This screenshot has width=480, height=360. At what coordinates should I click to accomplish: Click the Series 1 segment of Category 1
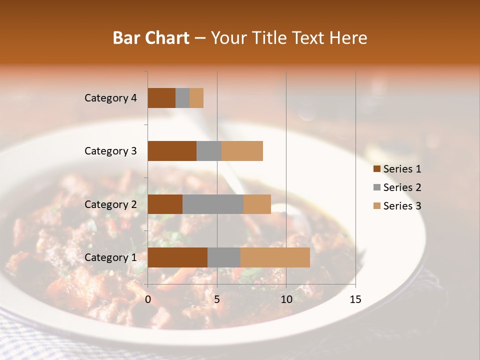(177, 257)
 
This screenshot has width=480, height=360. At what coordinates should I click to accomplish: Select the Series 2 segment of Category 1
(224, 257)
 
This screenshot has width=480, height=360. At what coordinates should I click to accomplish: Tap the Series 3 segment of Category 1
(275, 257)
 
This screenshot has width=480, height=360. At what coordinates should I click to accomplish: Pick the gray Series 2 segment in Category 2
(213, 204)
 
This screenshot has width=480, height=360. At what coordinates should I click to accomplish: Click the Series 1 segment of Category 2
(165, 204)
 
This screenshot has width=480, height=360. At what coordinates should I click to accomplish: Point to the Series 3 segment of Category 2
(257, 204)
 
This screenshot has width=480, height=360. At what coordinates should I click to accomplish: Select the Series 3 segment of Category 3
(242, 151)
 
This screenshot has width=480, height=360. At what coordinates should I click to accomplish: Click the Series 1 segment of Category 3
(172, 151)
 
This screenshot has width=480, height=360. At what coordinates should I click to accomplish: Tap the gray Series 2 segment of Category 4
(182, 98)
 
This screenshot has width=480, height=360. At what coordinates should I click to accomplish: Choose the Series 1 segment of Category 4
(161, 98)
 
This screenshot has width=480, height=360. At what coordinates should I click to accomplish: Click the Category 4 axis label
(110, 98)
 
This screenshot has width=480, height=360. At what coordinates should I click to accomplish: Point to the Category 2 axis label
(110, 204)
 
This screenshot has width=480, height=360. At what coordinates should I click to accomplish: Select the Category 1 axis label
(110, 257)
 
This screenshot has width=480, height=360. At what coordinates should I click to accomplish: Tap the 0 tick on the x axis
(148, 299)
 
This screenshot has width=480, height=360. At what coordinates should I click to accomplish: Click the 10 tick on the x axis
(286, 299)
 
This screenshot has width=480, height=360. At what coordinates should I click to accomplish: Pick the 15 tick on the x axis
(355, 299)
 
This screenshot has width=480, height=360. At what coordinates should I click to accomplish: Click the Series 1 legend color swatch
(376, 169)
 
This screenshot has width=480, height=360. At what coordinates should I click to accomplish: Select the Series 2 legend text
(402, 187)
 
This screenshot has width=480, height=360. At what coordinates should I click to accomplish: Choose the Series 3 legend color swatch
(376, 206)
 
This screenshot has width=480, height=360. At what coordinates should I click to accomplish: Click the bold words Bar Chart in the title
(150, 38)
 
